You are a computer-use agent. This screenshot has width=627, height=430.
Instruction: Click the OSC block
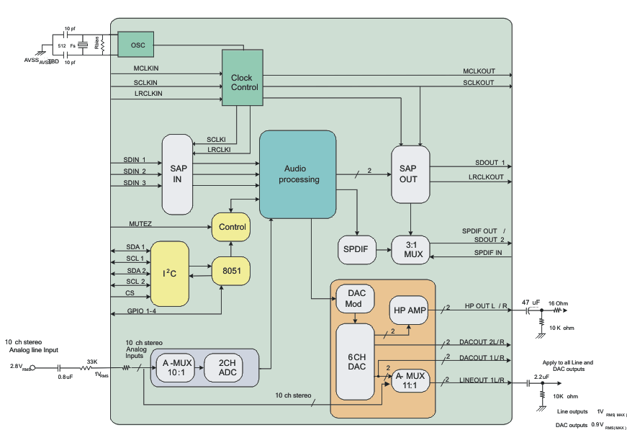point(137,45)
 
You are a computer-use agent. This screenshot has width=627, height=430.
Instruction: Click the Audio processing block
point(298,174)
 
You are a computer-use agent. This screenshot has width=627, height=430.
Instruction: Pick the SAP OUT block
point(409,174)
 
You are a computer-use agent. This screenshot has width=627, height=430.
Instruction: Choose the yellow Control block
point(232,227)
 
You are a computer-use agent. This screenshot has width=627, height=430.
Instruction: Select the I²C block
point(169,273)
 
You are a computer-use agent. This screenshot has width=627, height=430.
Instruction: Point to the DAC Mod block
point(356,299)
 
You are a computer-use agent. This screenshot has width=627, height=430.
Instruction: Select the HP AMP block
point(408,310)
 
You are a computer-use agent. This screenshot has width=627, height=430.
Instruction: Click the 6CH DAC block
point(356,361)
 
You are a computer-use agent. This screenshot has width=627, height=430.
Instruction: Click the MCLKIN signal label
point(146,68)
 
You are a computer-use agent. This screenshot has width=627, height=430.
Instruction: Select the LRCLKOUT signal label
point(486,176)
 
